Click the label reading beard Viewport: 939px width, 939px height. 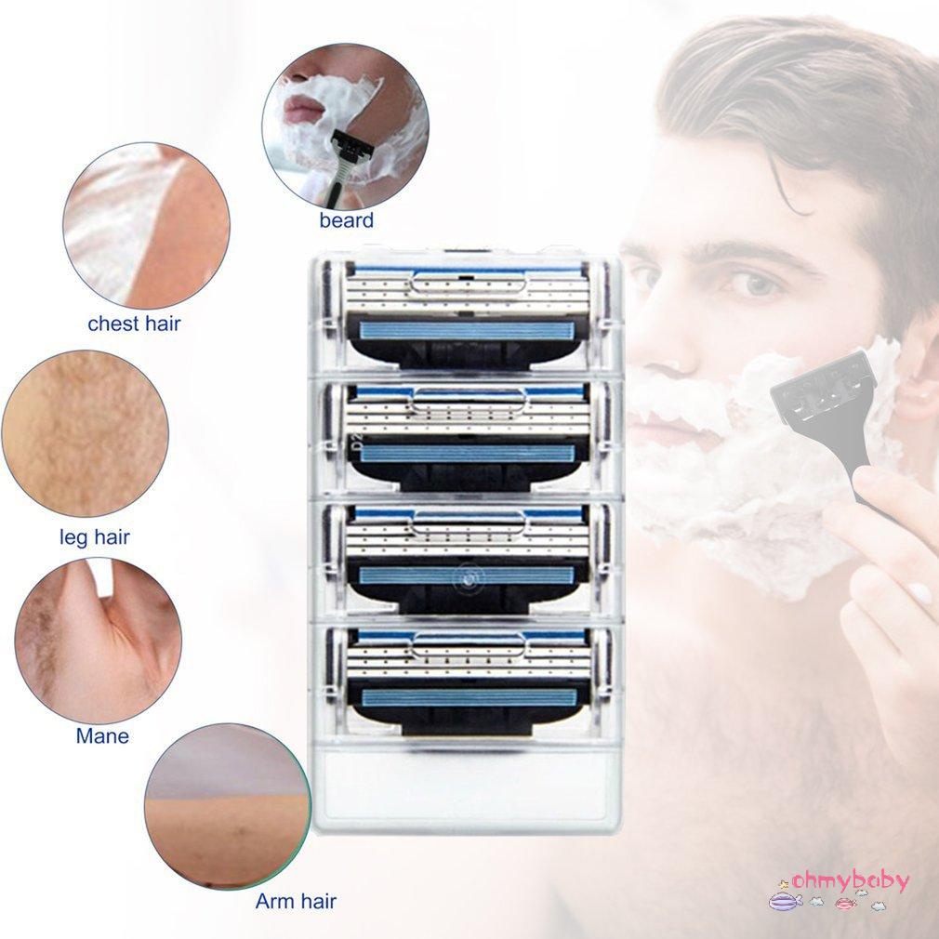click(346, 220)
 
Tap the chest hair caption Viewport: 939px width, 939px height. click(134, 324)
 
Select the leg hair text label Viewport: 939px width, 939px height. click(94, 536)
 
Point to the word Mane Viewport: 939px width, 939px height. click(102, 736)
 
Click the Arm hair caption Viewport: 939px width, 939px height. click(296, 900)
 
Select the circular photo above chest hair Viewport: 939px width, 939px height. click(146, 225)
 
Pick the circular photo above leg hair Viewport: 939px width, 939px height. click(85, 433)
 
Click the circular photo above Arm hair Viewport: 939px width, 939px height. click(228, 806)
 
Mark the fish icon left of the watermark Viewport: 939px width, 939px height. click(786, 900)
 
